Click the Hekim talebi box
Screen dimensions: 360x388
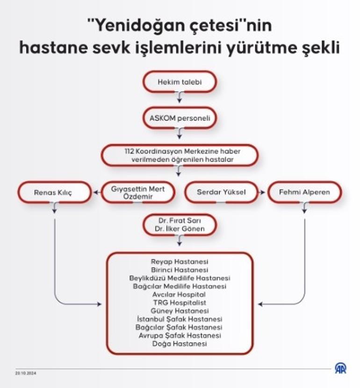click(x=180, y=82)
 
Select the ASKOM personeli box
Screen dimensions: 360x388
click(x=180, y=118)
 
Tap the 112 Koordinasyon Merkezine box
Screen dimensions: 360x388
click(x=180, y=155)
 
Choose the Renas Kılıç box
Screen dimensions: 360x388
click(x=54, y=192)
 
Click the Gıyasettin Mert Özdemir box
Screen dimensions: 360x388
click(x=138, y=192)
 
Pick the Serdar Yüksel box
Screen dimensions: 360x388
click(x=222, y=192)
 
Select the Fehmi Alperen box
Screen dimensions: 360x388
click(x=304, y=192)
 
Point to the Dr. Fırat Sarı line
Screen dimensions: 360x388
click(x=180, y=221)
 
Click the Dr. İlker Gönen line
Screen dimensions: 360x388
click(x=180, y=229)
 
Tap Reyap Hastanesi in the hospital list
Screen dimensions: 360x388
click(x=180, y=262)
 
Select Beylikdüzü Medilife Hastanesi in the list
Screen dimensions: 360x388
click(x=180, y=278)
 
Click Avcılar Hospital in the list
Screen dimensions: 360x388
click(x=179, y=295)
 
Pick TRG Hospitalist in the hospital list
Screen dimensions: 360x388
click(x=180, y=302)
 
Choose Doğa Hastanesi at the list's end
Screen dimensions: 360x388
click(x=180, y=344)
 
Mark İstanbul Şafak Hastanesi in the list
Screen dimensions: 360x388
click(x=180, y=319)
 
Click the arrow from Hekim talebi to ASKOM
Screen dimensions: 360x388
click(x=180, y=97)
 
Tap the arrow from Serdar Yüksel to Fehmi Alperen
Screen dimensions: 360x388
click(x=261, y=192)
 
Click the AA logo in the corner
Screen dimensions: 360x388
click(x=341, y=368)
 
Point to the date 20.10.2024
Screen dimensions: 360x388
click(x=26, y=373)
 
